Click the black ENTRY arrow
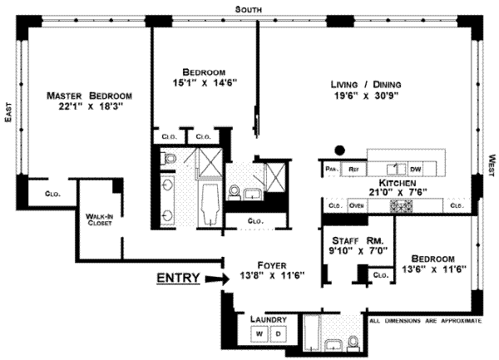pyautogui.click(x=217, y=279)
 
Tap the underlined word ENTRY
pyautogui.click(x=179, y=278)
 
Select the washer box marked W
pyautogui.click(x=259, y=334)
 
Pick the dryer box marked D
pyautogui.click(x=279, y=334)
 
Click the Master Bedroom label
pyautogui.click(x=89, y=96)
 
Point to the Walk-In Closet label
pyautogui.click(x=99, y=219)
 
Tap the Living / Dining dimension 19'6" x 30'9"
pyautogui.click(x=366, y=96)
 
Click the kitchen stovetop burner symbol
pyautogui.click(x=401, y=206)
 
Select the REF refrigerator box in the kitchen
pyautogui.click(x=353, y=169)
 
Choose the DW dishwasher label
pyautogui.click(x=416, y=169)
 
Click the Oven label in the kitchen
pyautogui.click(x=357, y=205)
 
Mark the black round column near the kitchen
pyautogui.click(x=340, y=150)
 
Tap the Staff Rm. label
pyautogui.click(x=358, y=240)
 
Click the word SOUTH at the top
pyautogui.click(x=248, y=9)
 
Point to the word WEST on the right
pyautogui.click(x=492, y=165)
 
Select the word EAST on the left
pyautogui.click(x=8, y=112)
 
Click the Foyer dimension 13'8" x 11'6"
pyautogui.click(x=272, y=275)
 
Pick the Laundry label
pyautogui.click(x=269, y=319)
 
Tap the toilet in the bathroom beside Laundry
pyautogui.click(x=353, y=343)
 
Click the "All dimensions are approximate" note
pyautogui.click(x=426, y=321)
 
